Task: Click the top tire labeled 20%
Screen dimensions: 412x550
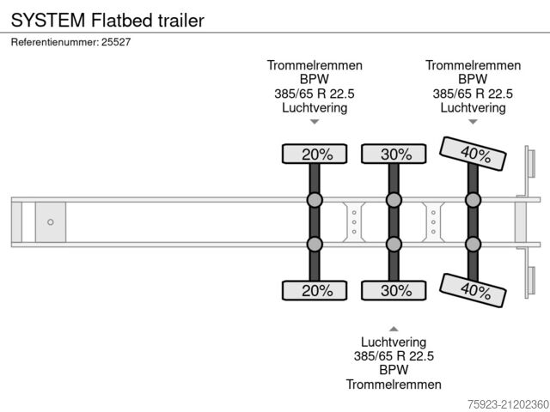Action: tap(315, 154)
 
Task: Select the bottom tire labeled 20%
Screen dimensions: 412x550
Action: tap(315, 290)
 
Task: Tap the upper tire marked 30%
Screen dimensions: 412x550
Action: tap(394, 154)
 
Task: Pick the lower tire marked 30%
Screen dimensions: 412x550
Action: tap(394, 290)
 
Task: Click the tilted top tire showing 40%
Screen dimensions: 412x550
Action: tap(472, 154)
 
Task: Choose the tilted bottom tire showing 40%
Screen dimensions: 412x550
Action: tap(472, 289)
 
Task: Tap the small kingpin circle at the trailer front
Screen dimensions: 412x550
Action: tap(50, 222)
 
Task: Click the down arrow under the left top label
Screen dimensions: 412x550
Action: tap(315, 123)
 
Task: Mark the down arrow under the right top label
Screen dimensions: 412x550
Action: tap(473, 123)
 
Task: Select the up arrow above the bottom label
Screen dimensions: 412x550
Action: tap(394, 329)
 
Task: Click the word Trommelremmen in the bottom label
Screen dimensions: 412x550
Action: tap(394, 385)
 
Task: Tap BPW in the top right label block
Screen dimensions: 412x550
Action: tap(473, 79)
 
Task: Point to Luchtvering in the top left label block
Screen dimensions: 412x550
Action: tap(315, 108)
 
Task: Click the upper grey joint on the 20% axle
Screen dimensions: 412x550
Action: tap(315, 201)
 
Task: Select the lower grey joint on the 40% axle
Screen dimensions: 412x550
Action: tap(473, 244)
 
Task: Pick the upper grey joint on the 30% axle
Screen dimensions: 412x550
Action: tap(394, 201)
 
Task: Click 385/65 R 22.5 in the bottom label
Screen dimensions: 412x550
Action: tap(394, 355)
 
